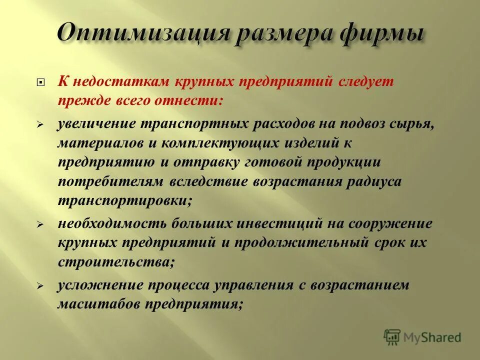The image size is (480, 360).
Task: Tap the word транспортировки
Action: [x=124, y=200]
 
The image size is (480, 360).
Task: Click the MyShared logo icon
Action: [x=392, y=337]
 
